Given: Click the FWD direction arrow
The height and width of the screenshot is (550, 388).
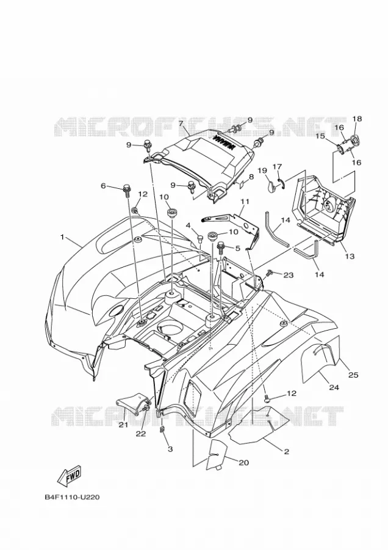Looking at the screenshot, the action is tap(70, 475).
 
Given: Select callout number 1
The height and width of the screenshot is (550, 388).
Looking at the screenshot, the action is tap(62, 238).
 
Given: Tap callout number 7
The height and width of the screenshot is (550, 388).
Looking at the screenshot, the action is tap(181, 123).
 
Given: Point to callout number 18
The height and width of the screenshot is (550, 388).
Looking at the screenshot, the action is tap(357, 119).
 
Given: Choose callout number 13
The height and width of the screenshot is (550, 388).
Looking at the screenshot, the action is tap(350, 257).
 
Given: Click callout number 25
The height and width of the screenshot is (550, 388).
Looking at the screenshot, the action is tap(353, 375).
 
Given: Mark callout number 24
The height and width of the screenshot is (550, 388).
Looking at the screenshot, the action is tap(334, 387).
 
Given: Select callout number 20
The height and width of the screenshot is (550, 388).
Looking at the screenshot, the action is tap(244, 463).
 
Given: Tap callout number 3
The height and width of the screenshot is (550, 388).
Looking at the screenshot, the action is tap(170, 449).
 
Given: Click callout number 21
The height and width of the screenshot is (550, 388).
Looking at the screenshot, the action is tap(123, 425).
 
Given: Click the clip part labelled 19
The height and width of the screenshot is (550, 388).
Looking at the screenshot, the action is tap(270, 183).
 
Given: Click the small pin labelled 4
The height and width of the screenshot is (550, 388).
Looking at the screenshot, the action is tap(201, 239).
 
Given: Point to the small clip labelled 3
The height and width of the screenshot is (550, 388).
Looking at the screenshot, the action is tap(162, 429).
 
